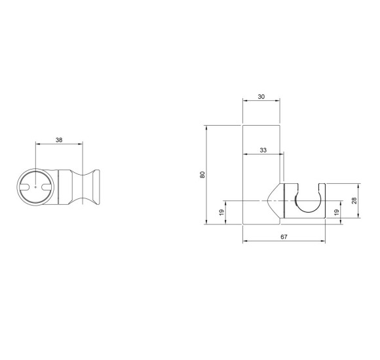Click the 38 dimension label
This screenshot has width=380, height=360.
[x=59, y=140]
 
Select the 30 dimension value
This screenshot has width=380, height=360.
[x=261, y=97]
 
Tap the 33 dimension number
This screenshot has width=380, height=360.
[x=263, y=150]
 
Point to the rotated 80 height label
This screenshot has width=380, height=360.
[x=202, y=175]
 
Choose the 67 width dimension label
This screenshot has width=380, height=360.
[x=284, y=237]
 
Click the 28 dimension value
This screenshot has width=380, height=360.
[x=354, y=200]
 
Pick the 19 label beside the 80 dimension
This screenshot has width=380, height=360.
[x=221, y=212]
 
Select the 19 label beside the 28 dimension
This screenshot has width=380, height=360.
[x=336, y=212]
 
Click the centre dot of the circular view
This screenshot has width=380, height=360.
[x=35, y=187]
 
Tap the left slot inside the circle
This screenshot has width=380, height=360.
[x=25, y=187]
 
